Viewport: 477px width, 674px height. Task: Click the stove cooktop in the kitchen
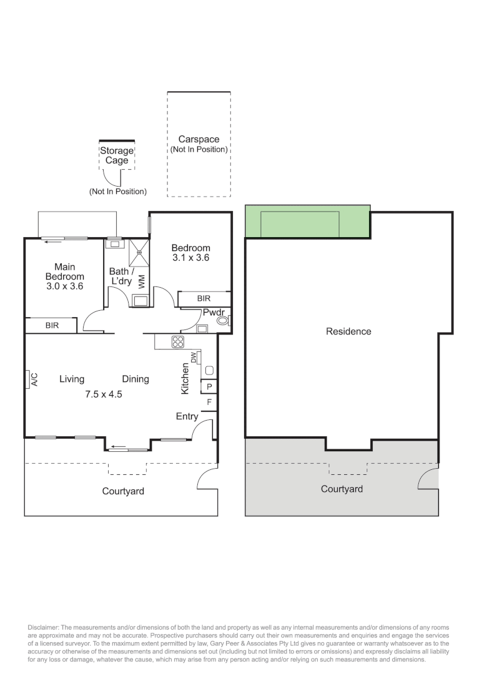(178, 341)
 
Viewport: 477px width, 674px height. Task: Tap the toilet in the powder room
(223, 321)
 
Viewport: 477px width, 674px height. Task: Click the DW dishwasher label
(194, 358)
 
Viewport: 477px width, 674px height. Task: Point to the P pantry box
(209, 387)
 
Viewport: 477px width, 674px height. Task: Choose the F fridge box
(209, 403)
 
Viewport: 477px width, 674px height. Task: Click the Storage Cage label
(117, 155)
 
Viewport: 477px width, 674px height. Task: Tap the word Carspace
(199, 140)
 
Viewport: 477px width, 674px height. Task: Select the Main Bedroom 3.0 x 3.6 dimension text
(65, 286)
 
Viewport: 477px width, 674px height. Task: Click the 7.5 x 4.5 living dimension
(104, 394)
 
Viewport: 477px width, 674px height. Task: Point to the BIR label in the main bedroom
(52, 325)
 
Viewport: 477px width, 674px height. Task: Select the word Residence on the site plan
(348, 331)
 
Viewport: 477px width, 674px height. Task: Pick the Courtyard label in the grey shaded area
(342, 489)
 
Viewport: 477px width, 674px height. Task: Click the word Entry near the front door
(187, 416)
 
